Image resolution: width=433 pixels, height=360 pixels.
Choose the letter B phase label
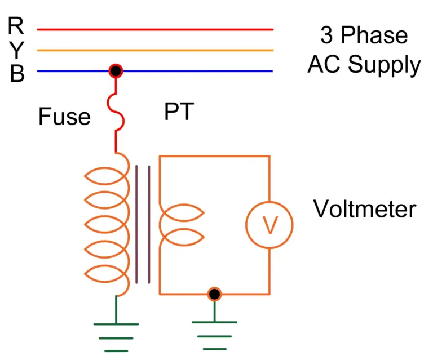(17, 74)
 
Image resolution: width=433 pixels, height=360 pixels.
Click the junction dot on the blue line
(116, 71)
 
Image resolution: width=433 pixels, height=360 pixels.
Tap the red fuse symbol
(117, 113)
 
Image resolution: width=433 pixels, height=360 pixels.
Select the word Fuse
(64, 117)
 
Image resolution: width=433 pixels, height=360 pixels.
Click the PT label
(179, 113)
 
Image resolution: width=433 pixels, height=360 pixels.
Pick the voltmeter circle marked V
(269, 225)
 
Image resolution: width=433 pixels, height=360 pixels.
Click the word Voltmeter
(365, 210)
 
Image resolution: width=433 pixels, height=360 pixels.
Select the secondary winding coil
(180, 225)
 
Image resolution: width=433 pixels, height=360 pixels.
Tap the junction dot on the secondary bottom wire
(214, 294)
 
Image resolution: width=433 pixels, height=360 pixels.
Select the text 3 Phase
(364, 35)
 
